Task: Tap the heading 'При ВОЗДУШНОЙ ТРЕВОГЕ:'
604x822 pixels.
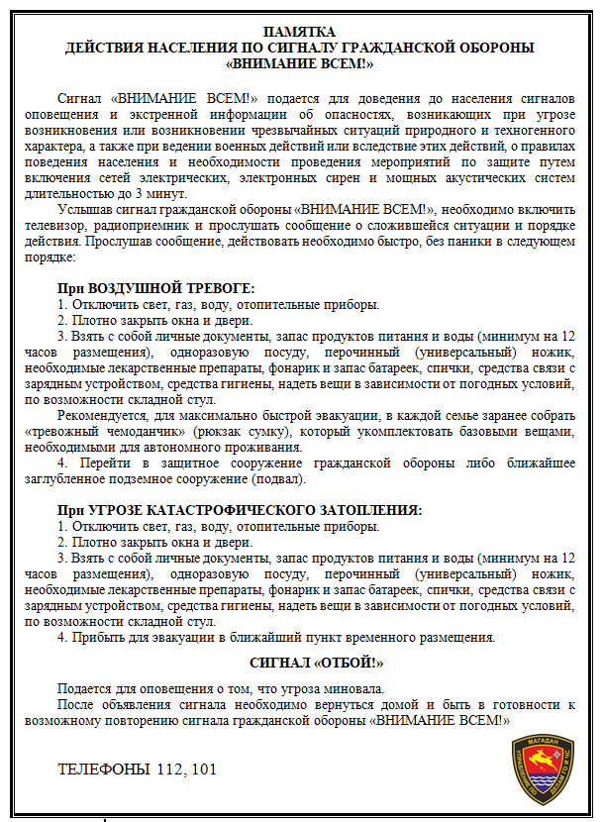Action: pos(155,289)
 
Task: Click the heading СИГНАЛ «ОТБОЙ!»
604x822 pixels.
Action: pos(315,663)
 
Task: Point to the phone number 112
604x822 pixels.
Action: pos(169,769)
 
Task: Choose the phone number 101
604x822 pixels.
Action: pos(201,769)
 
